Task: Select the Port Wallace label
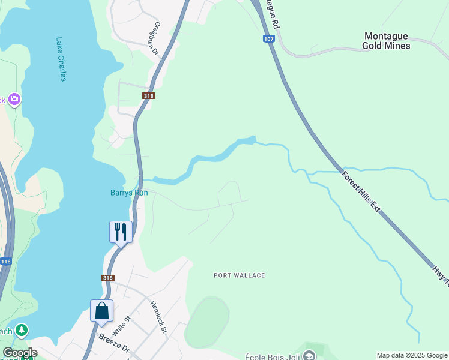239,275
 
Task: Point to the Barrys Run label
129,193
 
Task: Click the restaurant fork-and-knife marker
121,232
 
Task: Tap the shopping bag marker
101,311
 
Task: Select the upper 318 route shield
149,96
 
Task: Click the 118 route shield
5,262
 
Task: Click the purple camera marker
14,99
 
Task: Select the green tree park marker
22,330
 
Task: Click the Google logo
20,353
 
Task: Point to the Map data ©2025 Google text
412,355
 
